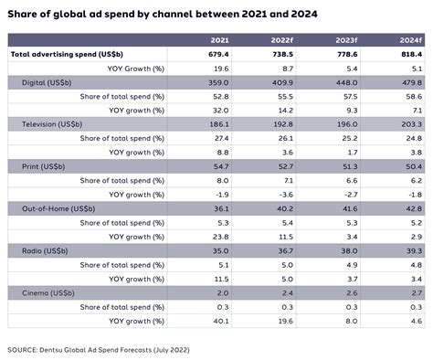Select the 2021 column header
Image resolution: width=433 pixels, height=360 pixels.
[219, 41]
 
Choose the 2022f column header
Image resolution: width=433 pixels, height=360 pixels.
[280, 41]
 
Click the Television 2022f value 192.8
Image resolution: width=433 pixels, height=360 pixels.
[281, 125]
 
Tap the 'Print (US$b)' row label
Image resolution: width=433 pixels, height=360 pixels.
[43, 167]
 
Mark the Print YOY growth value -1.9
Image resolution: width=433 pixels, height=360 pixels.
[220, 195]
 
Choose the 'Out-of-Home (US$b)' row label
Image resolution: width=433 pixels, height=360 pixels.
[57, 209]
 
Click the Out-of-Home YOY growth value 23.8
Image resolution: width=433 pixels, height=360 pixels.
[219, 237]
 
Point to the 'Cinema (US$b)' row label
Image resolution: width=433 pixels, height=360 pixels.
[48, 293]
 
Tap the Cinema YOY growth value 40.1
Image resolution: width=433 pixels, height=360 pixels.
[219, 321]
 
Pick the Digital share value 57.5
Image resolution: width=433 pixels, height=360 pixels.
[346, 96]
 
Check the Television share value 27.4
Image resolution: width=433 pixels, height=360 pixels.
[219, 139]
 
